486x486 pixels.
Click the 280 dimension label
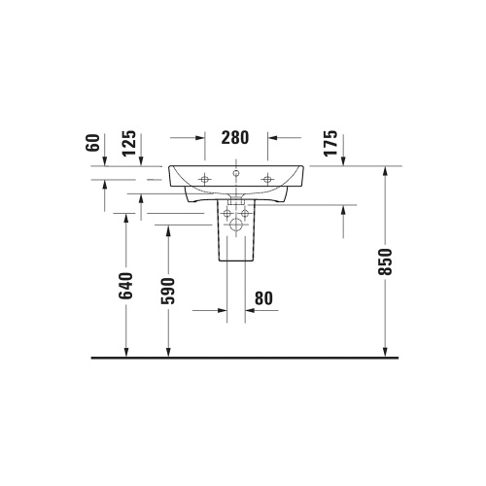(x=235, y=138)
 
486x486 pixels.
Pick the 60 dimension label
(x=93, y=144)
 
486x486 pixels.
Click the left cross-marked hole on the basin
(x=205, y=179)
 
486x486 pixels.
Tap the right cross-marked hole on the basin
(x=267, y=179)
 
